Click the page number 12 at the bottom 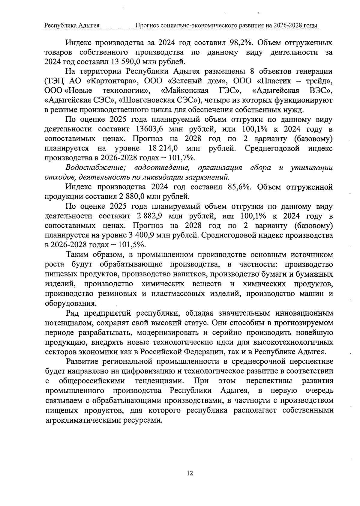tap(190, 473)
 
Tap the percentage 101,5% tap(132, 245)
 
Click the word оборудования tap(70, 303)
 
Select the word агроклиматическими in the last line tap(83, 420)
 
